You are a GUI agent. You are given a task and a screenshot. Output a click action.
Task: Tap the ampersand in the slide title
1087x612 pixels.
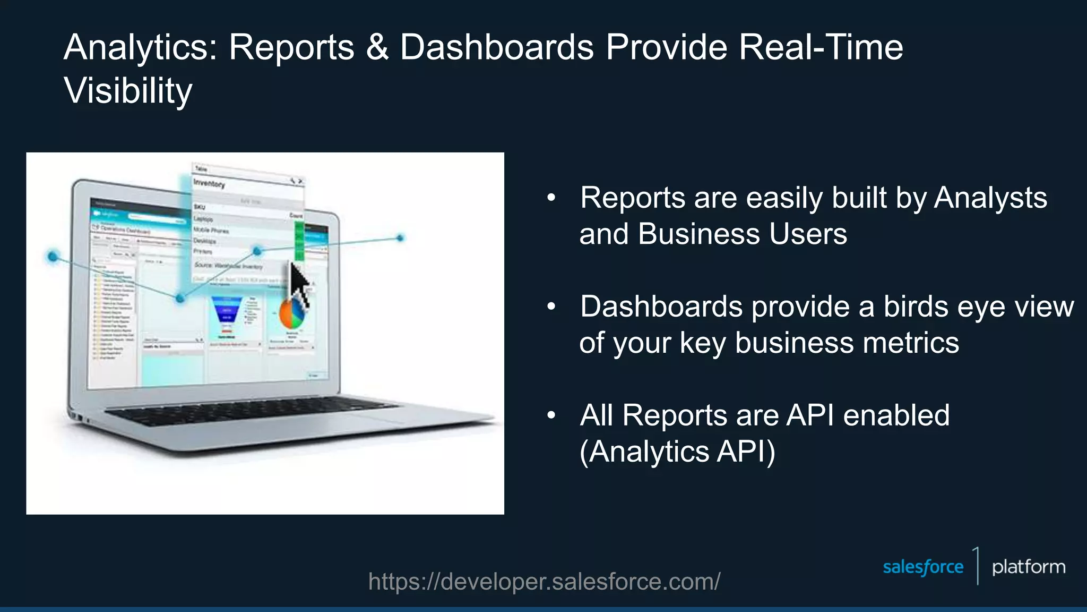pos(377,48)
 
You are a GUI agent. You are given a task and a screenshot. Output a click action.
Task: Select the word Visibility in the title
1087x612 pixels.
pos(128,91)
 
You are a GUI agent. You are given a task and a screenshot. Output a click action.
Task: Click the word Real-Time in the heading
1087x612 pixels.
pos(821,48)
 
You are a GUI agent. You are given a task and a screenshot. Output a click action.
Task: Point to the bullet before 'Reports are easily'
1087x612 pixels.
pos(551,198)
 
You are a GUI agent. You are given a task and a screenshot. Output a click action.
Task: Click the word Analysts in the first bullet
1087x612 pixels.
pos(990,198)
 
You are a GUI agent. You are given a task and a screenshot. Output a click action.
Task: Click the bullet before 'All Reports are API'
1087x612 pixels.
pos(551,415)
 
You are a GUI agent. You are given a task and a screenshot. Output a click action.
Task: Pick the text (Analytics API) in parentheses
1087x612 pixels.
pos(677,452)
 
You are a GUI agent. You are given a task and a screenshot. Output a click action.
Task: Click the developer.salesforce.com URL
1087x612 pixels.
pos(544,582)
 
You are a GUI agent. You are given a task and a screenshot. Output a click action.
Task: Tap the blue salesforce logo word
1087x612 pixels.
pos(922,567)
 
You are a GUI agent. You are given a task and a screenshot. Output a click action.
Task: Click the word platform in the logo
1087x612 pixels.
pos(1028,567)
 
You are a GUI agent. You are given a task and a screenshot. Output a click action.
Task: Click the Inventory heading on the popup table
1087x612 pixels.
pos(209,184)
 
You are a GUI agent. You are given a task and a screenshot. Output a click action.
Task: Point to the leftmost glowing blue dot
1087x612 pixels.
pos(53,257)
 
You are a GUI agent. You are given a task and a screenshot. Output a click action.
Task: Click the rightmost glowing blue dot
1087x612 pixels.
pos(400,238)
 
